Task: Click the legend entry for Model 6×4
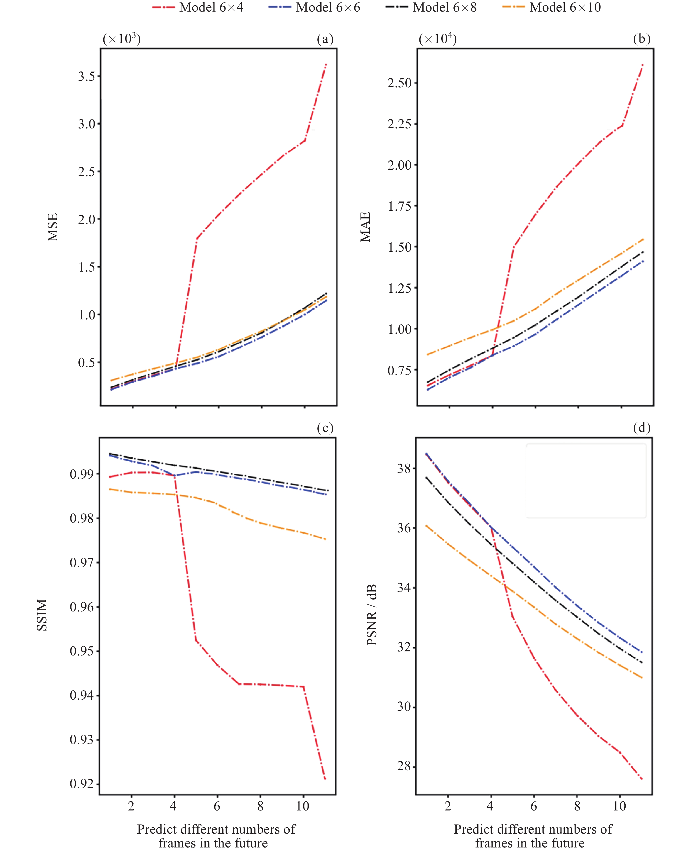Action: tap(198, 7)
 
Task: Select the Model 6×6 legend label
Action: tap(315, 7)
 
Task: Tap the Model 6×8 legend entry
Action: tap(432, 7)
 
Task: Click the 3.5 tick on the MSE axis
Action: tap(86, 76)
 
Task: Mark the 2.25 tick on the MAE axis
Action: tap(399, 124)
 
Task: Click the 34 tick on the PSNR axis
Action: tap(404, 587)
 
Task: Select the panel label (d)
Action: tap(641, 428)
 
